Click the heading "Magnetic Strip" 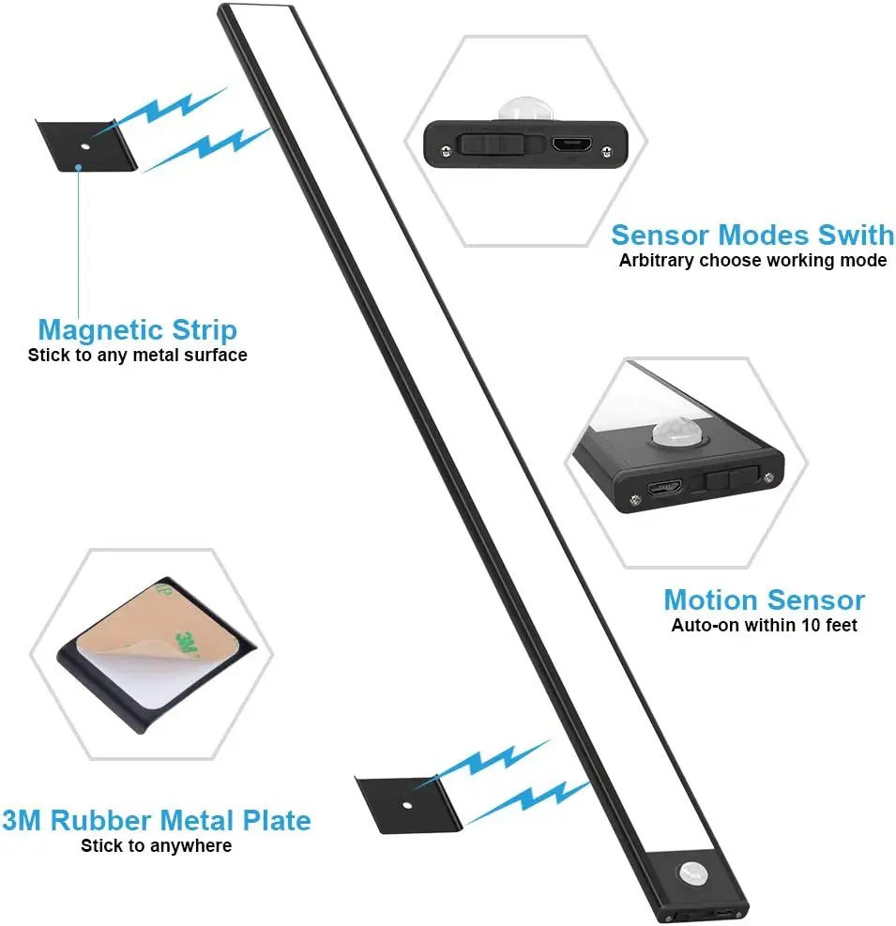[x=137, y=330]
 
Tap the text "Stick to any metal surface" [x=137, y=356]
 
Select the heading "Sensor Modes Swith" [x=752, y=235]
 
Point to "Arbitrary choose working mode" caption [x=752, y=261]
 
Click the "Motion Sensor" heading [x=764, y=600]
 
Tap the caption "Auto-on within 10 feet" [x=764, y=625]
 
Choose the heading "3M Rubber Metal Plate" [x=156, y=820]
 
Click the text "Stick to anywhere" [x=156, y=846]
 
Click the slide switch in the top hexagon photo [x=490, y=145]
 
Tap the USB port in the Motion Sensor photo [x=665, y=489]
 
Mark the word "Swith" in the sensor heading [x=851, y=235]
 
